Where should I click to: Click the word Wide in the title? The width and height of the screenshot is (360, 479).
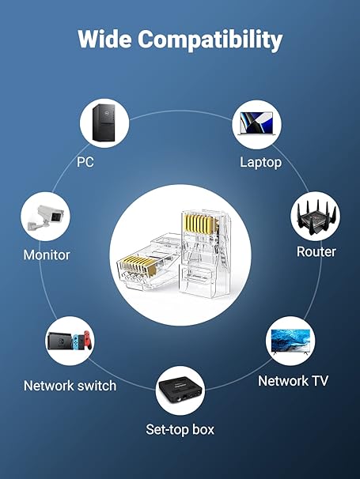(x=105, y=39)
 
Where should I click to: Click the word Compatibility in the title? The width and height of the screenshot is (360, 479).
(x=210, y=40)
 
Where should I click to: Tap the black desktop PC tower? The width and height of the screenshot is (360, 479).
(x=104, y=123)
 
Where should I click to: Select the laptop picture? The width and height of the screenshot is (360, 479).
(x=256, y=123)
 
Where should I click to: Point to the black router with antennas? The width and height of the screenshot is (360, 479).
(x=315, y=217)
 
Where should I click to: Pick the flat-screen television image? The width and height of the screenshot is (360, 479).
(x=290, y=341)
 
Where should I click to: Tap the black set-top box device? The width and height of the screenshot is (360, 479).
(x=180, y=390)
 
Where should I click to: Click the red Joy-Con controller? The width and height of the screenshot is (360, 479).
(x=88, y=340)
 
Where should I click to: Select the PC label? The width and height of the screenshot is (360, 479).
(x=85, y=162)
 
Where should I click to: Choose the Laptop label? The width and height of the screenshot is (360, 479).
(x=260, y=163)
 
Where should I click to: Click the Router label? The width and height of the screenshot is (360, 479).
(x=316, y=251)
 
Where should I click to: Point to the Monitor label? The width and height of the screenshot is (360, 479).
(x=47, y=255)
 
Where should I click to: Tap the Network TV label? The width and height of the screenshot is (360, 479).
(x=293, y=381)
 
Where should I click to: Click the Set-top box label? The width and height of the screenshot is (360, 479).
(x=180, y=429)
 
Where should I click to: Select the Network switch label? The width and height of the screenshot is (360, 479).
(x=70, y=386)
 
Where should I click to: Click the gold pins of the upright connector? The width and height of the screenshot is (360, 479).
(x=199, y=224)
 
